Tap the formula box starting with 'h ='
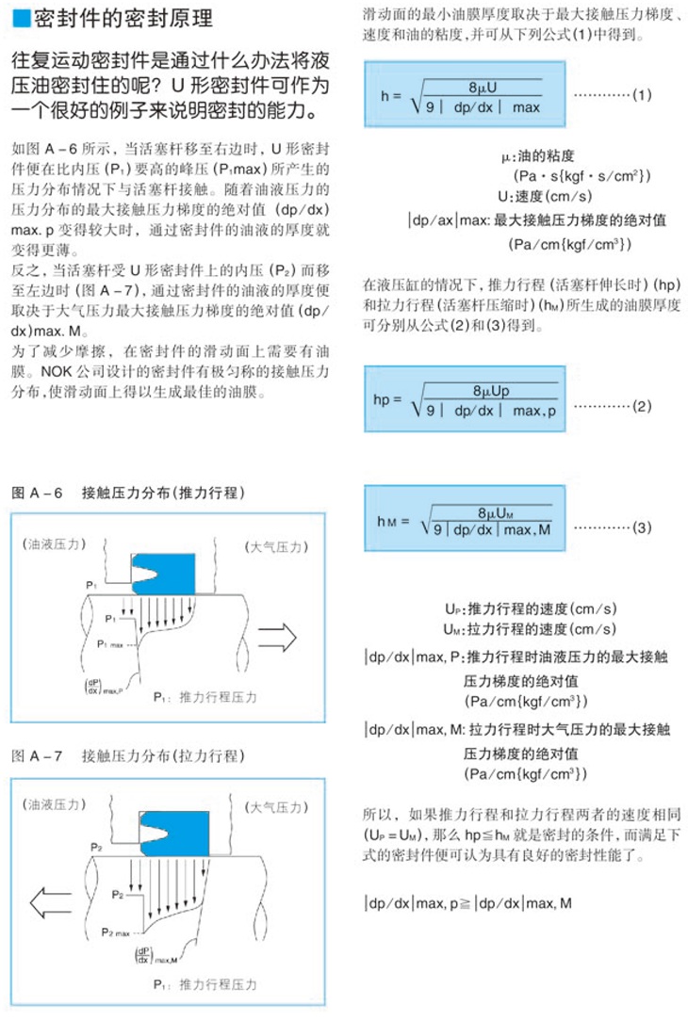point(465,95)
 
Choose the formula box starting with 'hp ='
point(465,401)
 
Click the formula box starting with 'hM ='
point(465,521)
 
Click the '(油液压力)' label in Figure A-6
point(55,544)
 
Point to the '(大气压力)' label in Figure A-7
point(276,807)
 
